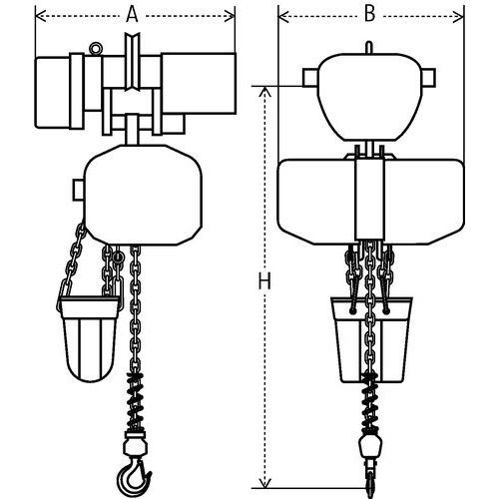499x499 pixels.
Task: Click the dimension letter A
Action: [x=132, y=15]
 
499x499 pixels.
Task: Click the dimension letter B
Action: [x=369, y=14]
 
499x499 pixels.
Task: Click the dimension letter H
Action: [x=264, y=280]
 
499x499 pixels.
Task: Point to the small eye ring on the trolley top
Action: [x=96, y=48]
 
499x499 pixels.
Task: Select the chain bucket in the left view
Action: [x=89, y=339]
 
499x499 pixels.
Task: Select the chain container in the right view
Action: [x=371, y=339]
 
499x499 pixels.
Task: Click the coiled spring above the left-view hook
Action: [x=135, y=401]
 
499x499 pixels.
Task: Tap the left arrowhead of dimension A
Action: [x=41, y=15]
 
